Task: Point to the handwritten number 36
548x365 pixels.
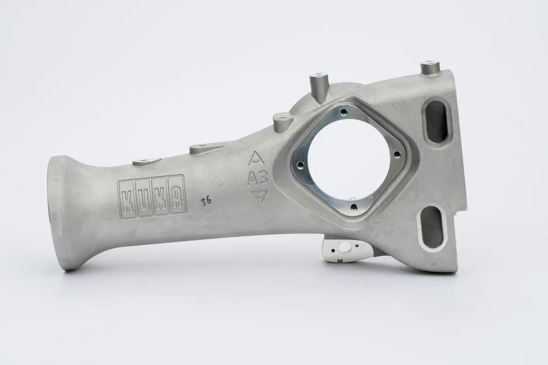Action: (x=206, y=201)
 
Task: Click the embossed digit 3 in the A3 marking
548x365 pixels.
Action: (x=263, y=178)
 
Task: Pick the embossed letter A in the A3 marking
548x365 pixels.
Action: (x=253, y=179)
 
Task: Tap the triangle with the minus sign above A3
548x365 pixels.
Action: (x=256, y=158)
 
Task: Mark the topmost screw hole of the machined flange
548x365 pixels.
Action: (x=344, y=112)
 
